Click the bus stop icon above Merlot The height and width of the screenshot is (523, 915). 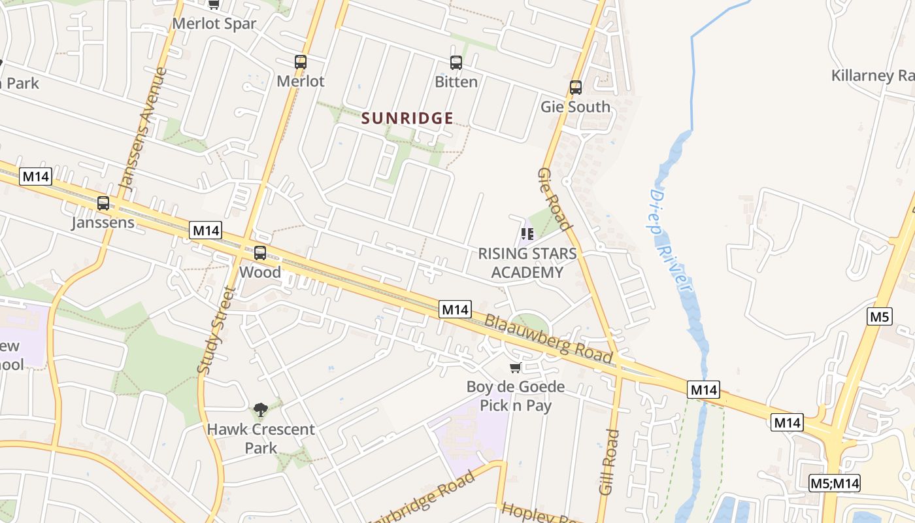(x=301, y=62)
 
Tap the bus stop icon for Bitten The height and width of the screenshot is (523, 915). (x=456, y=63)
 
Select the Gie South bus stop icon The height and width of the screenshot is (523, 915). (x=576, y=88)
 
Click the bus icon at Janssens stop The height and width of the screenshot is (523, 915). (x=103, y=203)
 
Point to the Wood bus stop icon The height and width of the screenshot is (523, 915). (x=260, y=253)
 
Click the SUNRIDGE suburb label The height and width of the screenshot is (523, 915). (x=407, y=118)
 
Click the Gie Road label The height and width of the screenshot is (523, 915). (x=554, y=199)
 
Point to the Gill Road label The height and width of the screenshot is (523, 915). (x=608, y=462)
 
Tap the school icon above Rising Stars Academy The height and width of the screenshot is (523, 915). (x=527, y=234)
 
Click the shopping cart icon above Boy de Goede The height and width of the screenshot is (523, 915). (x=515, y=368)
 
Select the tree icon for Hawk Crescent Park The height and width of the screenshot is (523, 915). (x=261, y=410)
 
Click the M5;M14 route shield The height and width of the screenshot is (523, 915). (x=834, y=483)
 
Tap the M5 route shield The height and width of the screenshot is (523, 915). (x=879, y=317)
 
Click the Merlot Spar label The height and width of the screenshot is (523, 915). (x=214, y=24)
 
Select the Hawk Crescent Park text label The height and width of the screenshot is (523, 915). (x=261, y=439)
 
